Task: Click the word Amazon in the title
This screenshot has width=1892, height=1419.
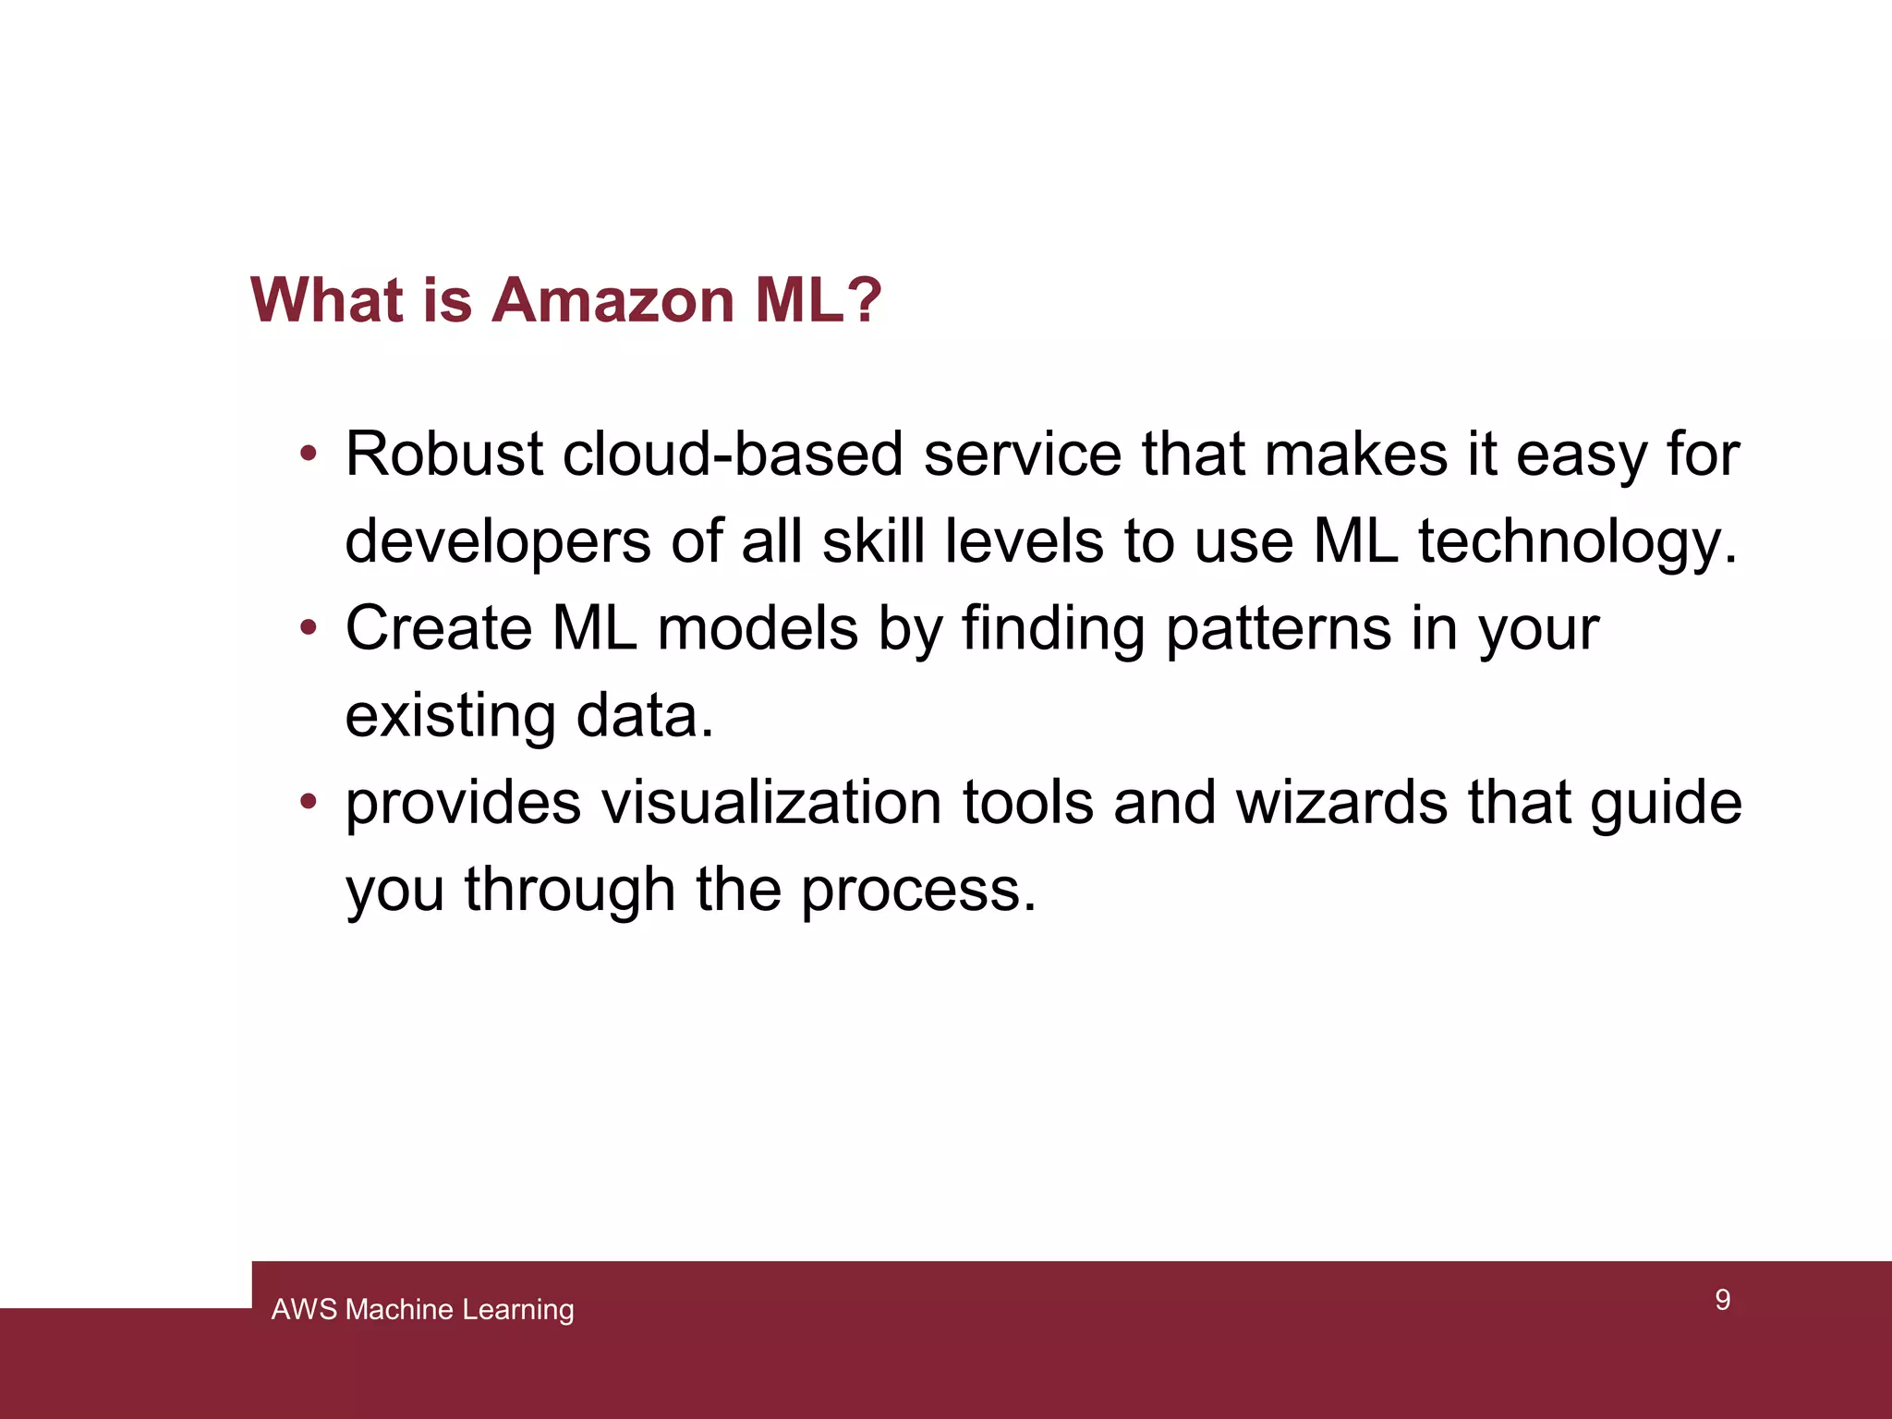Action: click(612, 300)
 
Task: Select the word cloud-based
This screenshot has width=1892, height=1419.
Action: click(733, 455)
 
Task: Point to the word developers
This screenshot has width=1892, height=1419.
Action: click(497, 542)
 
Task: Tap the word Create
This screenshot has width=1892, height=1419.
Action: click(438, 629)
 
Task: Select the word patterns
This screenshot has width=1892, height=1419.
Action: click(1277, 629)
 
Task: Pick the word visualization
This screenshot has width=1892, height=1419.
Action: click(771, 802)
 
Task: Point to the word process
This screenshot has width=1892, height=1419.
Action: click(918, 891)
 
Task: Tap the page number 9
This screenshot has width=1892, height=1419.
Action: click(1722, 1300)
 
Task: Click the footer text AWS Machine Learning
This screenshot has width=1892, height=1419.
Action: click(422, 1309)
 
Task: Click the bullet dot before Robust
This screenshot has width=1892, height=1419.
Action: click(309, 455)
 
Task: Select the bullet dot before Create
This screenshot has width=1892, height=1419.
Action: click(309, 629)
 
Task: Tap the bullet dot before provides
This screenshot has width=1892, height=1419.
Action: click(309, 802)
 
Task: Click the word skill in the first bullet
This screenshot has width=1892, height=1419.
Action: click(873, 542)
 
